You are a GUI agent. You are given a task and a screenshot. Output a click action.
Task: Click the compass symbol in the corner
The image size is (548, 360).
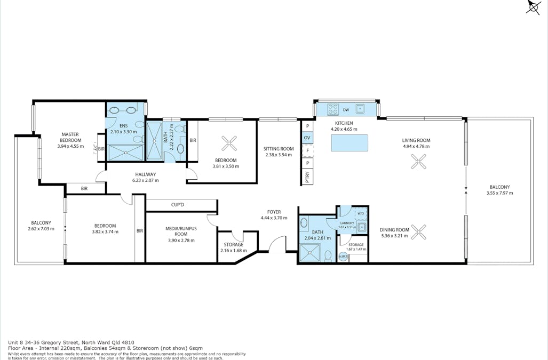point(534,7)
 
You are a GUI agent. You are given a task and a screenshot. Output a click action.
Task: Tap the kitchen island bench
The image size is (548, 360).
point(350,143)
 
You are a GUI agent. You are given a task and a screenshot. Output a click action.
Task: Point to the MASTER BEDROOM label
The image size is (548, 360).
point(70,137)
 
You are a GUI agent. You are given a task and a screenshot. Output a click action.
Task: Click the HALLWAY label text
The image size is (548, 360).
point(145,174)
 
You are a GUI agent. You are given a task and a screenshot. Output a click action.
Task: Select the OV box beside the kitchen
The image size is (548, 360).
point(307,138)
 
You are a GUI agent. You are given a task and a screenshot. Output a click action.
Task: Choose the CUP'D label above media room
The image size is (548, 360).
point(178,205)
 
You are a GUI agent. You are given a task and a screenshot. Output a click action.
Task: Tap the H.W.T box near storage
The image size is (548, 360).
point(343,257)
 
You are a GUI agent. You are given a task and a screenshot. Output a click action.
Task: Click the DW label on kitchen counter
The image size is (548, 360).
point(346,110)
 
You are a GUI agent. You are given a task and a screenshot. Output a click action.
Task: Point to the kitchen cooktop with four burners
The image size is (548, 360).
point(332,109)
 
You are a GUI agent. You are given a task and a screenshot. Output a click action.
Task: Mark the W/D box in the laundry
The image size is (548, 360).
point(360,213)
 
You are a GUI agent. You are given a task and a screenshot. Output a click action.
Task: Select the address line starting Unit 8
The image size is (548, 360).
point(70,342)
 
